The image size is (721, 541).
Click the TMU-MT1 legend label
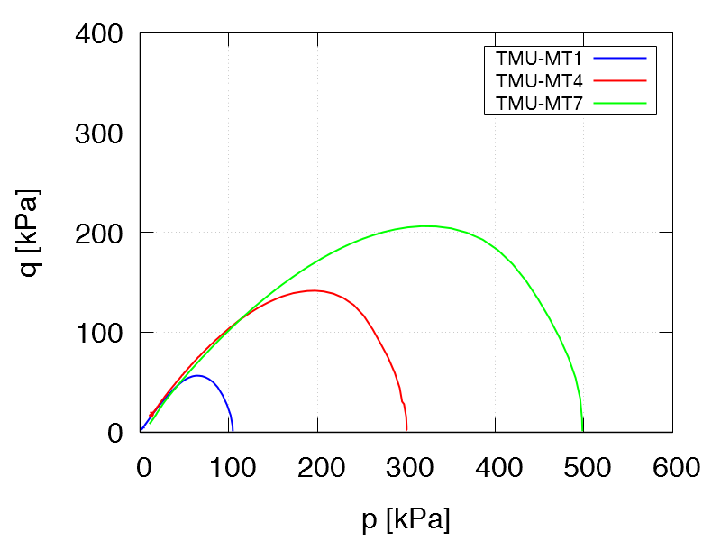[x=539, y=58]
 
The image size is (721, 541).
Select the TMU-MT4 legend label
[x=539, y=80]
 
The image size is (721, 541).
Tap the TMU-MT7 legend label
[x=539, y=103]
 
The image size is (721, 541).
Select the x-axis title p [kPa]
[x=406, y=520]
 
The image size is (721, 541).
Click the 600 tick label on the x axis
[x=672, y=468]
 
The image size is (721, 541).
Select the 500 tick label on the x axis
[x=584, y=468]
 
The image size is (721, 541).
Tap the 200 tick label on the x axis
[x=318, y=468]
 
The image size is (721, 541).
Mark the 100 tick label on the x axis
[x=229, y=468]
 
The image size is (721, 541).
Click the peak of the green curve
[x=424, y=226]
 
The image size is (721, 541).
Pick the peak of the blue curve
[x=197, y=376]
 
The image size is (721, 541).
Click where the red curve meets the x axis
[x=406, y=431]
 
